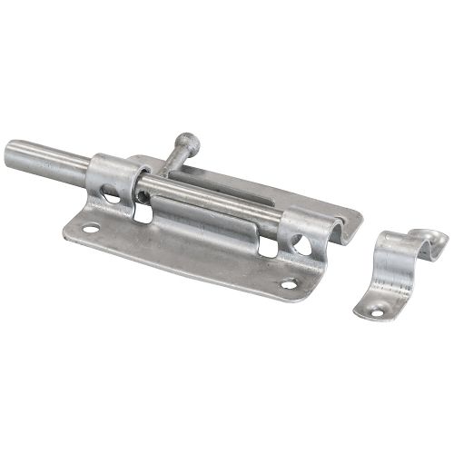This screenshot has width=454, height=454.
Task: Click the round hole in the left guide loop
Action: (110, 193)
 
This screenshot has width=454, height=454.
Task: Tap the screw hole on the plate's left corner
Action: (90, 229)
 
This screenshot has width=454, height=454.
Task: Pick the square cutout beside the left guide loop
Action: (143, 213)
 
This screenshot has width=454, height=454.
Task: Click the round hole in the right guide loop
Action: (300, 245)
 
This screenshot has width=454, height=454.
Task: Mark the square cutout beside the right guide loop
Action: (269, 246)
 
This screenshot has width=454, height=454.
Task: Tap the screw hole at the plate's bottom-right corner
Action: (288, 284)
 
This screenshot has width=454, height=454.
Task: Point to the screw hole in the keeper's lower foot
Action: (375, 313)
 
